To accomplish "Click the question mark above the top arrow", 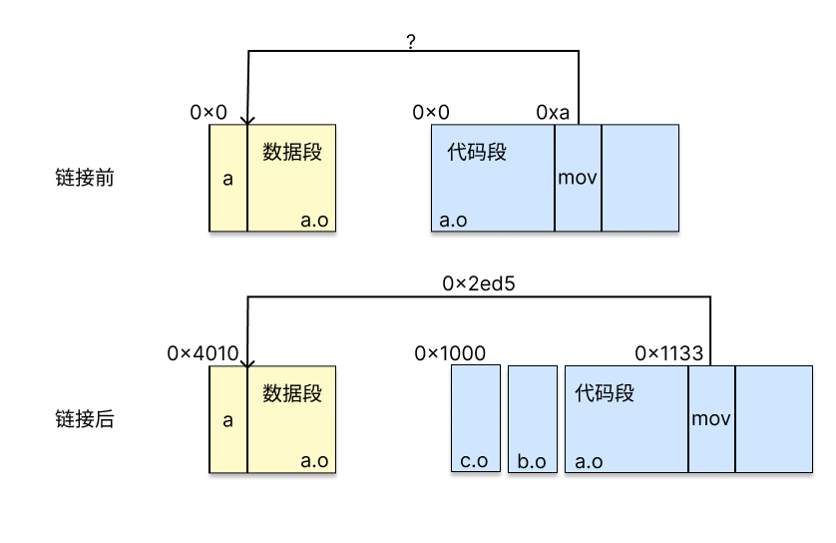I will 412,41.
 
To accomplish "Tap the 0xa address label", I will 553,112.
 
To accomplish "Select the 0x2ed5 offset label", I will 478,283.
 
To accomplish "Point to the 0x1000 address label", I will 450,352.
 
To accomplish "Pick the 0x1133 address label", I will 669,352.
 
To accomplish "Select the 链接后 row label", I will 85,419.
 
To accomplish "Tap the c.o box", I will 476,418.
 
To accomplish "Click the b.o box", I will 532,418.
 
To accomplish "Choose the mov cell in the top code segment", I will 578,178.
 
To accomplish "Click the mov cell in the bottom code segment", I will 711,418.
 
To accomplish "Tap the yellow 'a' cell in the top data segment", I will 227,178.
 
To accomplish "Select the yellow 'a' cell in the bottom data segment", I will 227,419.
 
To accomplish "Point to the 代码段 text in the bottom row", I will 605,392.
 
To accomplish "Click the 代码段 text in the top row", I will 477,152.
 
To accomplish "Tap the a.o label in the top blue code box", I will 453,220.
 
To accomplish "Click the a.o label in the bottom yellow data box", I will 314,461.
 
